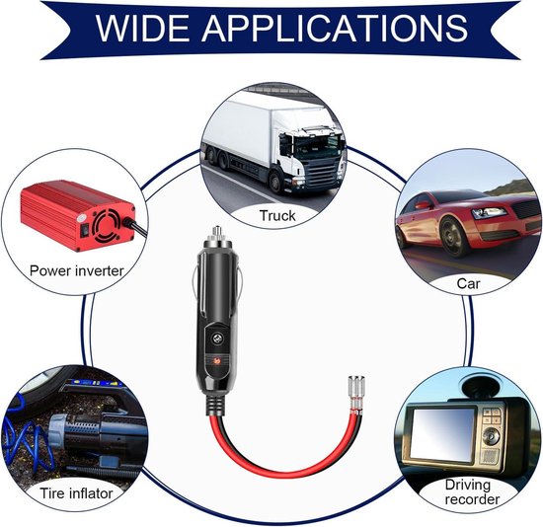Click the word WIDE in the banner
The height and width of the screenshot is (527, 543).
tap(143, 28)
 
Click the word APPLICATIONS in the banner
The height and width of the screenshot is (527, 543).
tap(335, 28)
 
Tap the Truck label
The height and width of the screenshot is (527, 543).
tap(277, 216)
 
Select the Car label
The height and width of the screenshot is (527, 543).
tap(468, 283)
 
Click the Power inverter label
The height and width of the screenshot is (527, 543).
tap(76, 270)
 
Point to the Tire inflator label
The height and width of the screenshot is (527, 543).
tap(76, 493)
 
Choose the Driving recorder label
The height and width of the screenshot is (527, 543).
tap(472, 492)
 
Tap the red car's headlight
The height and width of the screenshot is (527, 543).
tap(490, 212)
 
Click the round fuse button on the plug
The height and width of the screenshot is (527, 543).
tap(217, 339)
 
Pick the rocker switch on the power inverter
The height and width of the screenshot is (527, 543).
tap(85, 230)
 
